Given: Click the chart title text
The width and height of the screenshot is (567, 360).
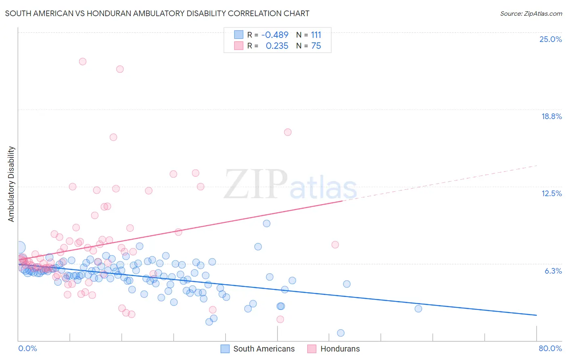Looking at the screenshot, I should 157,13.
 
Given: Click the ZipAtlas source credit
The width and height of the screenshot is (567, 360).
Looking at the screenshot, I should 531,13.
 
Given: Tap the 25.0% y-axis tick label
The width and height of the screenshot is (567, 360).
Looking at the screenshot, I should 550,39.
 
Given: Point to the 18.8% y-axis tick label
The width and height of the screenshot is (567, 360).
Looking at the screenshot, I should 551,116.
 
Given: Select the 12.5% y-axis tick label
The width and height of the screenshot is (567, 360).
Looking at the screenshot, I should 551,193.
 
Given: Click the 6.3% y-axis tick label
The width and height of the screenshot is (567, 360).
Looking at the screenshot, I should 553,271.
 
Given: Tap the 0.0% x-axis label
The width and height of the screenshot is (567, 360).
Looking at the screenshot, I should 27,348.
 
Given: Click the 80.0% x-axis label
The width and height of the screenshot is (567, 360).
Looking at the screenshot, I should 550,348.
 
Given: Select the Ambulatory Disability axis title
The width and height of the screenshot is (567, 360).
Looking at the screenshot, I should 11,184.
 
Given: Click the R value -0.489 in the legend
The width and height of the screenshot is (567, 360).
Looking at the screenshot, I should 275,35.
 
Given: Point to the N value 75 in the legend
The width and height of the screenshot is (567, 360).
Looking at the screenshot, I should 316,46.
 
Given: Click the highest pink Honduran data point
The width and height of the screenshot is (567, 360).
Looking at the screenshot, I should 83,62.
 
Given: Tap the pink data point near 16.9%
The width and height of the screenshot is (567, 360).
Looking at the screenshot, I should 288,132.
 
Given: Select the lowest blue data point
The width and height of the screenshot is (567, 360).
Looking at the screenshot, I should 341,333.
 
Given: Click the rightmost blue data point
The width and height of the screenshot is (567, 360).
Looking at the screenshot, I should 418,309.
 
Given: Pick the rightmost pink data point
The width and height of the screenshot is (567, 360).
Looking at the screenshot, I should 335,245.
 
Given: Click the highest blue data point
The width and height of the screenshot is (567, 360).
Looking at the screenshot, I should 267,224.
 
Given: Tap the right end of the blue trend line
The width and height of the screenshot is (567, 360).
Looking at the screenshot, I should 536,315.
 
